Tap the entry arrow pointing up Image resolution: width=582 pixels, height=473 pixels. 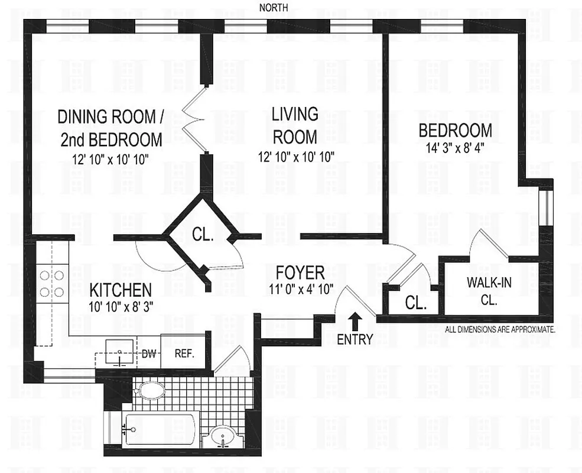pyautogui.click(x=355, y=322)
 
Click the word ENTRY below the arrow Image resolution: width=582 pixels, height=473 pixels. pyautogui.click(x=355, y=340)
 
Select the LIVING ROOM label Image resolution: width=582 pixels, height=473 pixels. pyautogui.click(x=294, y=125)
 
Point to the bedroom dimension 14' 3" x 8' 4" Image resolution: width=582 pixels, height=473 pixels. pyautogui.click(x=454, y=148)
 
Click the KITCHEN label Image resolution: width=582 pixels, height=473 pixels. pyautogui.click(x=121, y=290)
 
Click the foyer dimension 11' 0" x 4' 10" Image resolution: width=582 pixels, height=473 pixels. pyautogui.click(x=301, y=289)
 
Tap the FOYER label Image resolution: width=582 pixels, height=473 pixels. pyautogui.click(x=301, y=273)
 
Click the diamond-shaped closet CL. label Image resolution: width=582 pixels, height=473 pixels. pyautogui.click(x=203, y=234)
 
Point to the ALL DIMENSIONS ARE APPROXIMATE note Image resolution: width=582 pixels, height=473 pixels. pyautogui.click(x=499, y=330)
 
